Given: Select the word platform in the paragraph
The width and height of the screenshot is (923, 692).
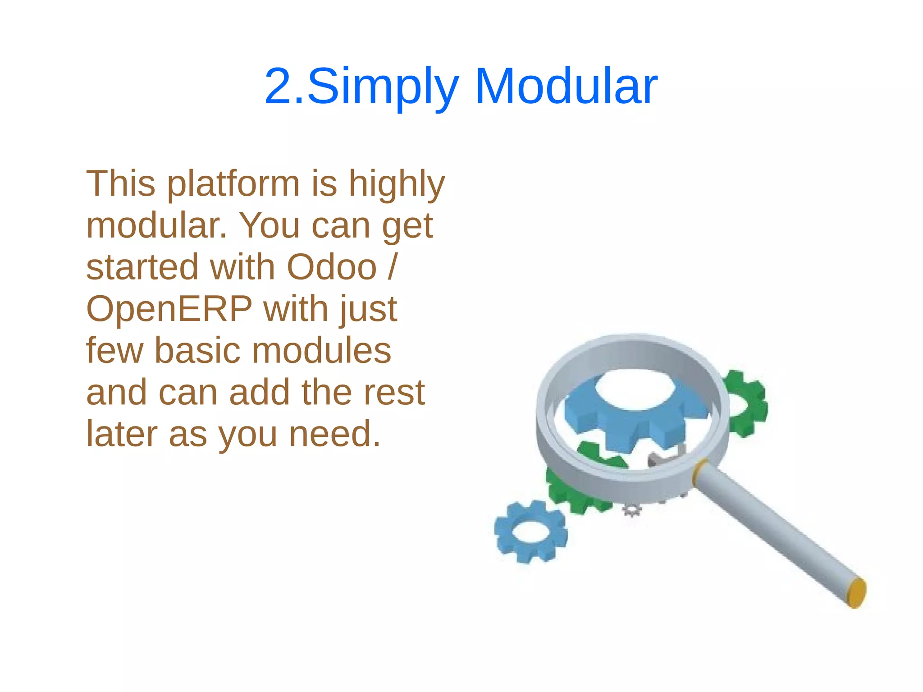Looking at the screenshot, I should click(233, 185).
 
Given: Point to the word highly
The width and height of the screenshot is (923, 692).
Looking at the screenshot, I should click(397, 185).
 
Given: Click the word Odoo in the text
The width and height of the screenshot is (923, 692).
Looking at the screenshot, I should click(332, 267).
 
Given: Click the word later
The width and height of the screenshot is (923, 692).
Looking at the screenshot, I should click(122, 434).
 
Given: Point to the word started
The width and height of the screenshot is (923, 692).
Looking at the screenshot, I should click(142, 267).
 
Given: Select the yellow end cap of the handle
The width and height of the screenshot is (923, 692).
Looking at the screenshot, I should click(856, 592).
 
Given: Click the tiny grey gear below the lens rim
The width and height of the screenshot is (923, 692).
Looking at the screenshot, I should click(632, 510).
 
